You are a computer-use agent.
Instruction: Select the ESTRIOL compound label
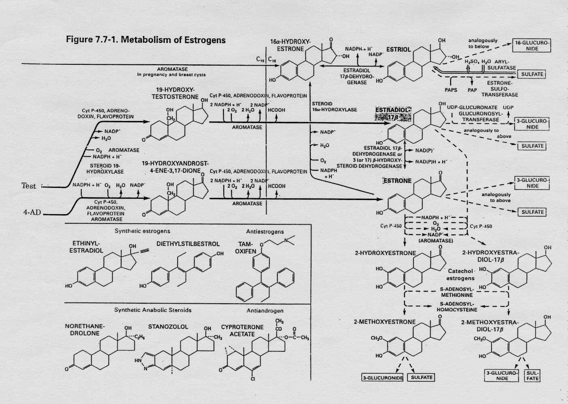pyautogui.click(x=398, y=49)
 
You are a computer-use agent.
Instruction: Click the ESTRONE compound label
pyautogui.click(x=397, y=181)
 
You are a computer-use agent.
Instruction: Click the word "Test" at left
pyautogui.click(x=29, y=186)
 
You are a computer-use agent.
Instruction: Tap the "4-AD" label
pyautogui.click(x=32, y=212)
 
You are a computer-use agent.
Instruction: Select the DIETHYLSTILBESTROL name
pyautogui.click(x=188, y=244)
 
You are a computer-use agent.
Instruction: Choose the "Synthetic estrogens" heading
pyautogui.click(x=142, y=231)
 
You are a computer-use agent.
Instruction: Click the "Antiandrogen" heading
pyautogui.click(x=265, y=310)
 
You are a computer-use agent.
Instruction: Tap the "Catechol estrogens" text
pyautogui.click(x=460, y=274)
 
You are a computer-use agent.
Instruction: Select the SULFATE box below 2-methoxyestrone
pyautogui.click(x=422, y=377)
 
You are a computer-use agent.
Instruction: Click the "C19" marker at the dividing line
pyautogui.click(x=261, y=59)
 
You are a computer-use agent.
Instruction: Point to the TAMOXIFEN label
pyautogui.click(x=246, y=248)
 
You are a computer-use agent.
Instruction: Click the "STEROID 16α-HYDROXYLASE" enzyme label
pyautogui.click(x=334, y=106)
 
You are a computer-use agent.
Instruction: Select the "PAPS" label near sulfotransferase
pyautogui.click(x=451, y=90)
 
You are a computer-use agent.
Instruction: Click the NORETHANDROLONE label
pyautogui.click(x=85, y=330)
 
